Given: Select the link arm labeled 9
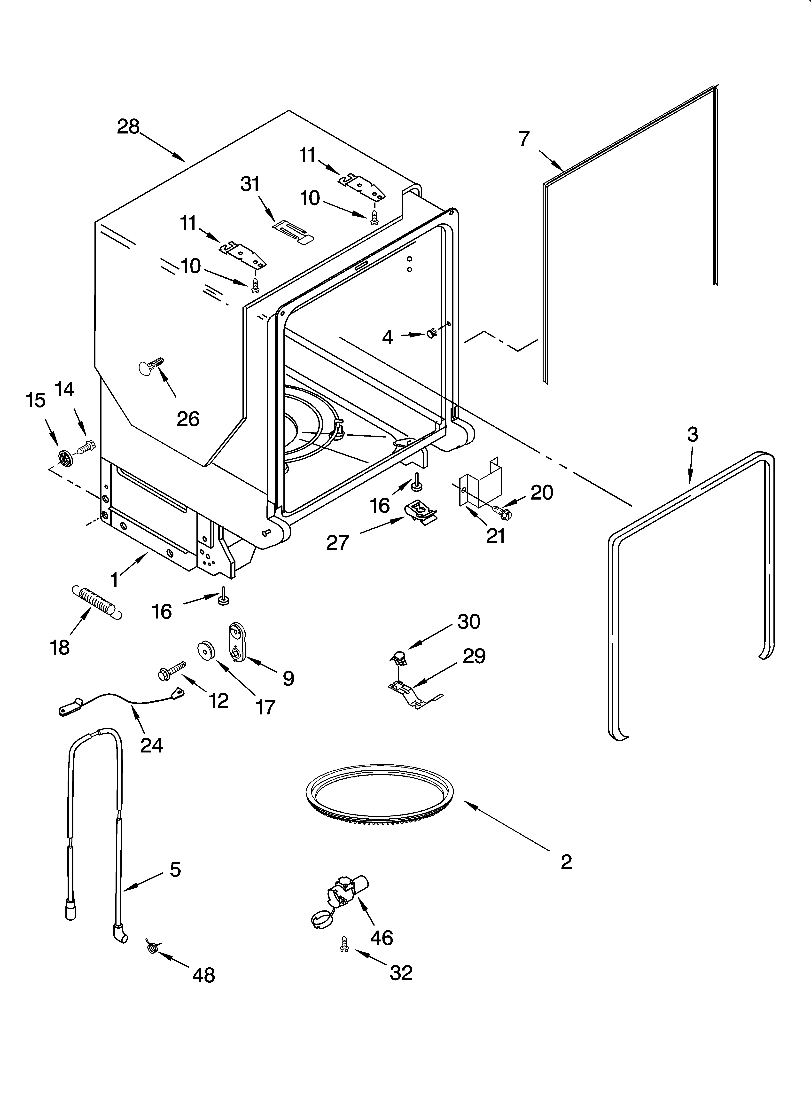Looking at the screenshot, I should [236, 641].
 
